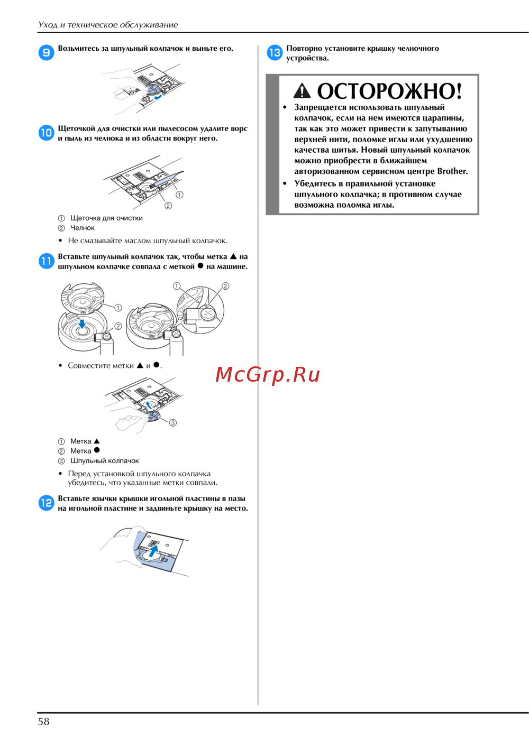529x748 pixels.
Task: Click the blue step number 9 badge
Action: pos(46,52)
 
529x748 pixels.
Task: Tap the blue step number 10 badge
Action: pos(46,133)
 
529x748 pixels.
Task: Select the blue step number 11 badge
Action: pos(46,261)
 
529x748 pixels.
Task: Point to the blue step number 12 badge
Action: pos(46,503)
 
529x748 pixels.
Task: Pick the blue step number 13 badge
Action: pos(275,52)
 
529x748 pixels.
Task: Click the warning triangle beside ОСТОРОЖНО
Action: pos(302,91)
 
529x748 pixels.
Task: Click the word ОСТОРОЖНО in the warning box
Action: pos(389,91)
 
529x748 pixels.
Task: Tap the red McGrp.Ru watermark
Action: pos(267,374)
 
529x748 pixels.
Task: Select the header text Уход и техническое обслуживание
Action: pos(107,25)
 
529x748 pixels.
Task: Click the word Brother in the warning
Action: pos(452,171)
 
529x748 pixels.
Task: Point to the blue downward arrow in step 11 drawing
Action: pos(82,324)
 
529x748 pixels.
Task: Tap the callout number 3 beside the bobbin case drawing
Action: pos(173,422)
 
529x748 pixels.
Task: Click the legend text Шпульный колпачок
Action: pos(104,461)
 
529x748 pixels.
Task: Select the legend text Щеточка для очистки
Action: pos(106,218)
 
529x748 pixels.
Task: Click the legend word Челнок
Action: pos(82,228)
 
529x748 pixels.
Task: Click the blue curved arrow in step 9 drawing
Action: pos(158,97)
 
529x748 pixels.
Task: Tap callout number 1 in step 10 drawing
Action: pos(179,195)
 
